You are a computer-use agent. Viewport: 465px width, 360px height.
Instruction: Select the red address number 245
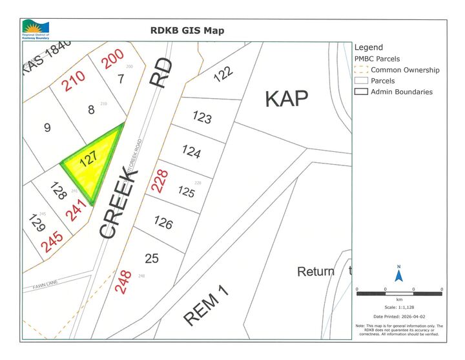point(52,241)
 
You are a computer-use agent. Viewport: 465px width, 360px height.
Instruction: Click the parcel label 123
point(203,118)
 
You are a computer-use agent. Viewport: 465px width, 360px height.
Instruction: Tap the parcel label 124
point(191,151)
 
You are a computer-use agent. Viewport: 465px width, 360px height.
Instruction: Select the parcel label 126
point(163,222)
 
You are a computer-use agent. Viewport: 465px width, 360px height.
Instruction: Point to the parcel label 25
point(151,259)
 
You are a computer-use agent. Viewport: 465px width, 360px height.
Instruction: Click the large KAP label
point(286,99)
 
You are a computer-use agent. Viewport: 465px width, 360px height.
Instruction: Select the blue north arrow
point(399,276)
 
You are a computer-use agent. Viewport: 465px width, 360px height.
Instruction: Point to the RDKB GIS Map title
point(187,30)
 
